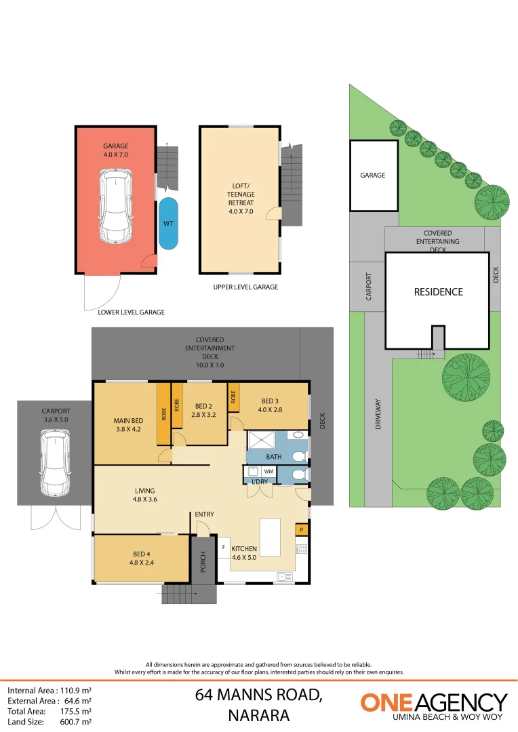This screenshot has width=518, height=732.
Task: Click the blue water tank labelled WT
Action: (x=168, y=223)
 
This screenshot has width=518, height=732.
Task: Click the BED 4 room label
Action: (x=141, y=558)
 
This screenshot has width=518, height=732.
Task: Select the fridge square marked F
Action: (x=223, y=546)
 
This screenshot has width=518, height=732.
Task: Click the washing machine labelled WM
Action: (x=268, y=470)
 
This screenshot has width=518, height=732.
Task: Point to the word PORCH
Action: (x=202, y=561)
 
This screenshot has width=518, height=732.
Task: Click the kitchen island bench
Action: (x=270, y=536)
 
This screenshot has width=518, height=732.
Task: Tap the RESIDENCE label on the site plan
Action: (x=438, y=291)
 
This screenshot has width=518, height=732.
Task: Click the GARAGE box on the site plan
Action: (x=373, y=175)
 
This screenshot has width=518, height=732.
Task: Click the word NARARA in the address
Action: (x=259, y=715)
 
